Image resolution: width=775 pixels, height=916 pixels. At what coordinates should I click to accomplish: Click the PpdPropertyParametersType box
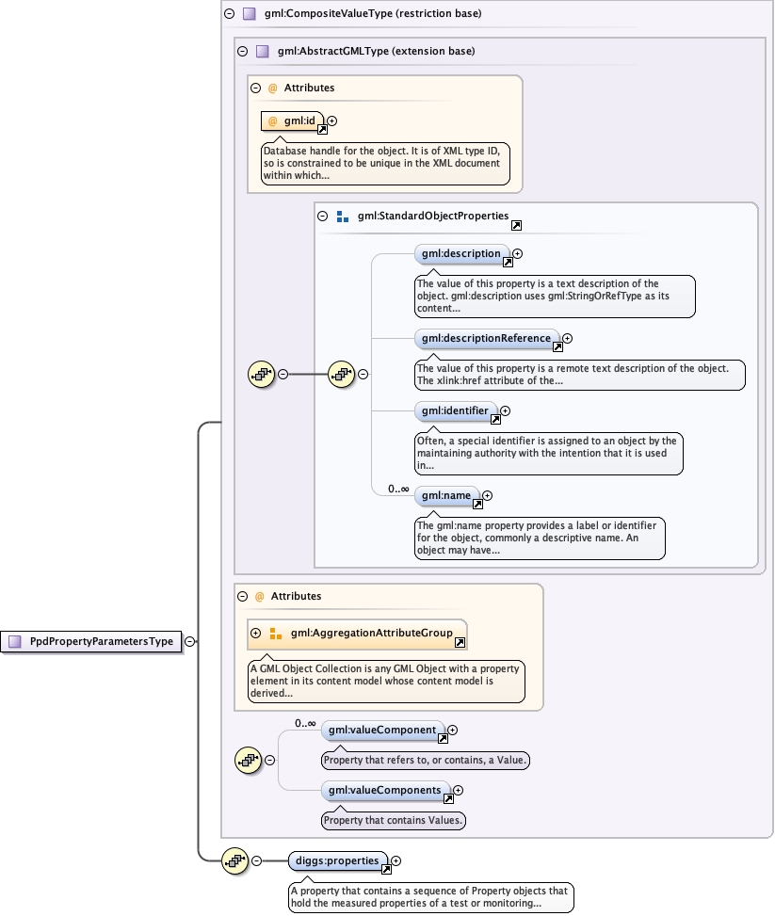(x=92, y=641)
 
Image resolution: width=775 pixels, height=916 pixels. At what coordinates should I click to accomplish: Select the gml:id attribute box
(x=293, y=121)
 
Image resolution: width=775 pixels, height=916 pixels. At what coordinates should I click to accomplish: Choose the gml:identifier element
(x=456, y=410)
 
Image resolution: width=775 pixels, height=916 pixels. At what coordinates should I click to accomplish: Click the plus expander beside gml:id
(x=331, y=121)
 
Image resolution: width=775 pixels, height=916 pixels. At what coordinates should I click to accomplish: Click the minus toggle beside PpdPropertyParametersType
(x=190, y=641)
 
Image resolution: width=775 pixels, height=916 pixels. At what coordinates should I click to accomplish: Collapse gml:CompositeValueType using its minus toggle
(x=229, y=14)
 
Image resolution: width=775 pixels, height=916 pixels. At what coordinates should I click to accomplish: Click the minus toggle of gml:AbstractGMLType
(x=243, y=51)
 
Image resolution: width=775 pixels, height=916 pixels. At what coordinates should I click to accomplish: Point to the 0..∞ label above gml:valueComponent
(x=305, y=723)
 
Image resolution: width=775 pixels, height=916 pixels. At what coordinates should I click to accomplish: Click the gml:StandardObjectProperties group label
(x=432, y=217)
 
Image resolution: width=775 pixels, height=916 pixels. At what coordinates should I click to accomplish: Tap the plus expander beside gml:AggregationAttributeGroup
(x=255, y=634)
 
